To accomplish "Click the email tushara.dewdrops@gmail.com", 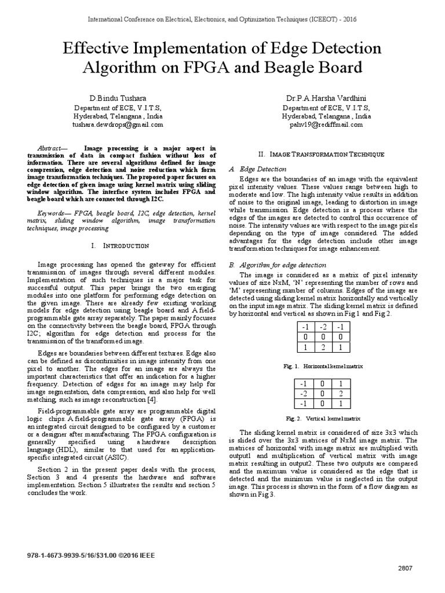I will [117, 125].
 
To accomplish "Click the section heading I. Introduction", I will [120, 246].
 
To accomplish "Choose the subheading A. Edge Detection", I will [250, 169].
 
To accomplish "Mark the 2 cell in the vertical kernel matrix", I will [342, 394].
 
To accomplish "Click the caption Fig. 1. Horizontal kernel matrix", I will [322, 366].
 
